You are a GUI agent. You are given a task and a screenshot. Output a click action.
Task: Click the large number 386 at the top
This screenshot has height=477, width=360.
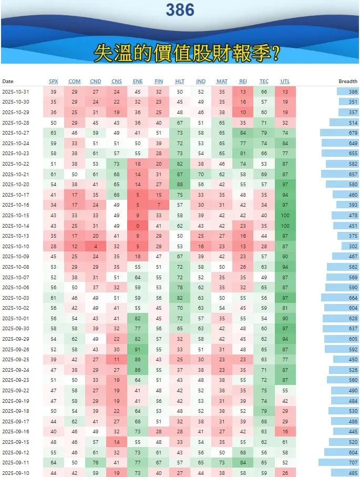tap(180, 9)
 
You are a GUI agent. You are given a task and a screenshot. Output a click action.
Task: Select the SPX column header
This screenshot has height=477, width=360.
tap(54, 82)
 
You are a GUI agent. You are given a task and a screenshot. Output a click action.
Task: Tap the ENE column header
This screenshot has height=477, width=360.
tap(138, 82)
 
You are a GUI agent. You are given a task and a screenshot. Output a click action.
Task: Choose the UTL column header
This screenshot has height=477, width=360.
tap(285, 82)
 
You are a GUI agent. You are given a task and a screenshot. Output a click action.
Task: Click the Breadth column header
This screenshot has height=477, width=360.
tap(348, 82)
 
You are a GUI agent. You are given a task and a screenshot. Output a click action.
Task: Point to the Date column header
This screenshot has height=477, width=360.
tap(8, 82)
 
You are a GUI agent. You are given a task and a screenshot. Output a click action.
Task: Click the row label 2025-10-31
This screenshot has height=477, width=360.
tap(16, 92)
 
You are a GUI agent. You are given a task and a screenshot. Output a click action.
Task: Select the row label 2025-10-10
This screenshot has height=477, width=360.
tap(16, 246)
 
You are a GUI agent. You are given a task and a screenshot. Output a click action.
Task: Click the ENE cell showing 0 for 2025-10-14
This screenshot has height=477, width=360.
tap(138, 226)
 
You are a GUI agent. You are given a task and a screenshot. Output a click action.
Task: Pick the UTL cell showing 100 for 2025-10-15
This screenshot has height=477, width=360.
tap(285, 216)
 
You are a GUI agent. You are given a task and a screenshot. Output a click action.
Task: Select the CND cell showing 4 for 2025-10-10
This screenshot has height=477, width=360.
tap(96, 246)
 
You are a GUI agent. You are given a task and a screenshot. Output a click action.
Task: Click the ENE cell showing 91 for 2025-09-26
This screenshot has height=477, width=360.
tap(138, 349)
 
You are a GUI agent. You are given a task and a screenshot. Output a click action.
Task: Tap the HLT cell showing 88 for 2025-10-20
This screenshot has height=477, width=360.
tap(180, 185)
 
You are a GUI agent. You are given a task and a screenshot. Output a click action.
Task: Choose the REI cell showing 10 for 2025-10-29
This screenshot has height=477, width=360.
tap(243, 113)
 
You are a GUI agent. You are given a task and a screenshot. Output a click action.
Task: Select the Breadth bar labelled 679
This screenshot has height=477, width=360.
tap(340, 133)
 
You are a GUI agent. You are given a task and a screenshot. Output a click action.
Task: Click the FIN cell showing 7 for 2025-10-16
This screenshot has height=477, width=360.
tap(159, 205)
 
